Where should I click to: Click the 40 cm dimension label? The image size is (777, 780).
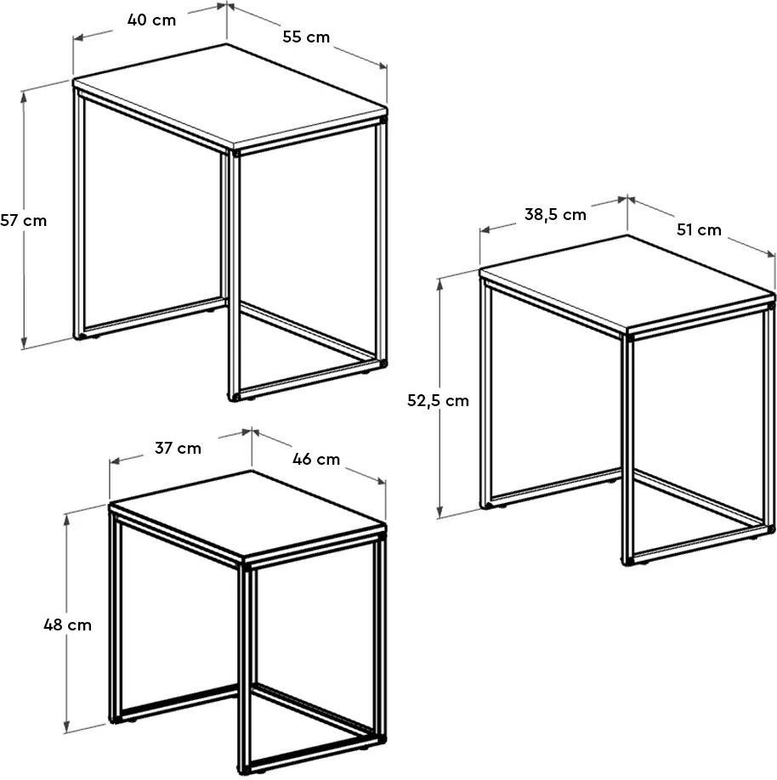[x=151, y=20]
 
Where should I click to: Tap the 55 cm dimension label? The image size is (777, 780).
[x=306, y=37]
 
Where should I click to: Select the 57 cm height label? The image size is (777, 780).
[x=24, y=220]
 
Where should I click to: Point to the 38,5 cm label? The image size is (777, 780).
[x=555, y=215]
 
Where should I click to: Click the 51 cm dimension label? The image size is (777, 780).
[x=699, y=229]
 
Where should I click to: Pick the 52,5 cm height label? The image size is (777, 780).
[x=438, y=400]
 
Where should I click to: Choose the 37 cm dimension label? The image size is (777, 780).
[x=178, y=448]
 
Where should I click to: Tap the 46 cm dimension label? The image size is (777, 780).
[x=316, y=459]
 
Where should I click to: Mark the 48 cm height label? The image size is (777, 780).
[x=68, y=625]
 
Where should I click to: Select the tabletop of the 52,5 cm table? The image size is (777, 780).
[x=627, y=283]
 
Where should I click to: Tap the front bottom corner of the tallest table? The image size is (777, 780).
[x=234, y=398]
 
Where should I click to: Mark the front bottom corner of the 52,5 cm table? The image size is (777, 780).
[x=627, y=562]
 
